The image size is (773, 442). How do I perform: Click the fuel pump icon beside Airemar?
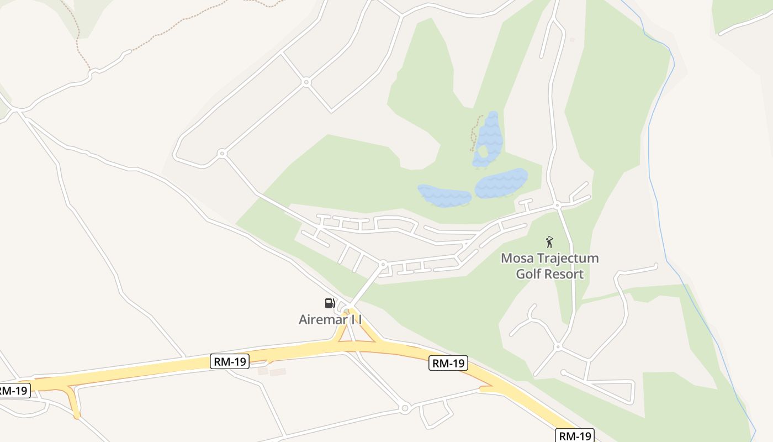[330, 303]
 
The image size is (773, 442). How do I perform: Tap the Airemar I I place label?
[330, 319]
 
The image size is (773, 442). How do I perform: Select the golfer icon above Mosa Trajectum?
[549, 242]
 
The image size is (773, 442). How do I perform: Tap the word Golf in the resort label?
[527, 273]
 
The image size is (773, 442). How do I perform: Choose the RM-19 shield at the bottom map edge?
[574, 435]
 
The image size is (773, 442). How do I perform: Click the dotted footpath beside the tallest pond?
[474, 133]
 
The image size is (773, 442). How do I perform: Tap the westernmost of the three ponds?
[444, 196]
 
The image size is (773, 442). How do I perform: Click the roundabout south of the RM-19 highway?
[405, 408]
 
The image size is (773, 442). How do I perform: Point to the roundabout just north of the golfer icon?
[558, 205]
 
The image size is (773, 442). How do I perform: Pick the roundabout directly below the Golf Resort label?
[558, 347]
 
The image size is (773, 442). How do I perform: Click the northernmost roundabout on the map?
[306, 82]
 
